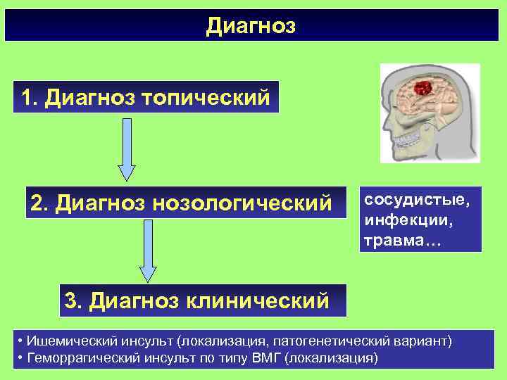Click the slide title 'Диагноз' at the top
tap(251, 27)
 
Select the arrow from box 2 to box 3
tap(148, 250)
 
